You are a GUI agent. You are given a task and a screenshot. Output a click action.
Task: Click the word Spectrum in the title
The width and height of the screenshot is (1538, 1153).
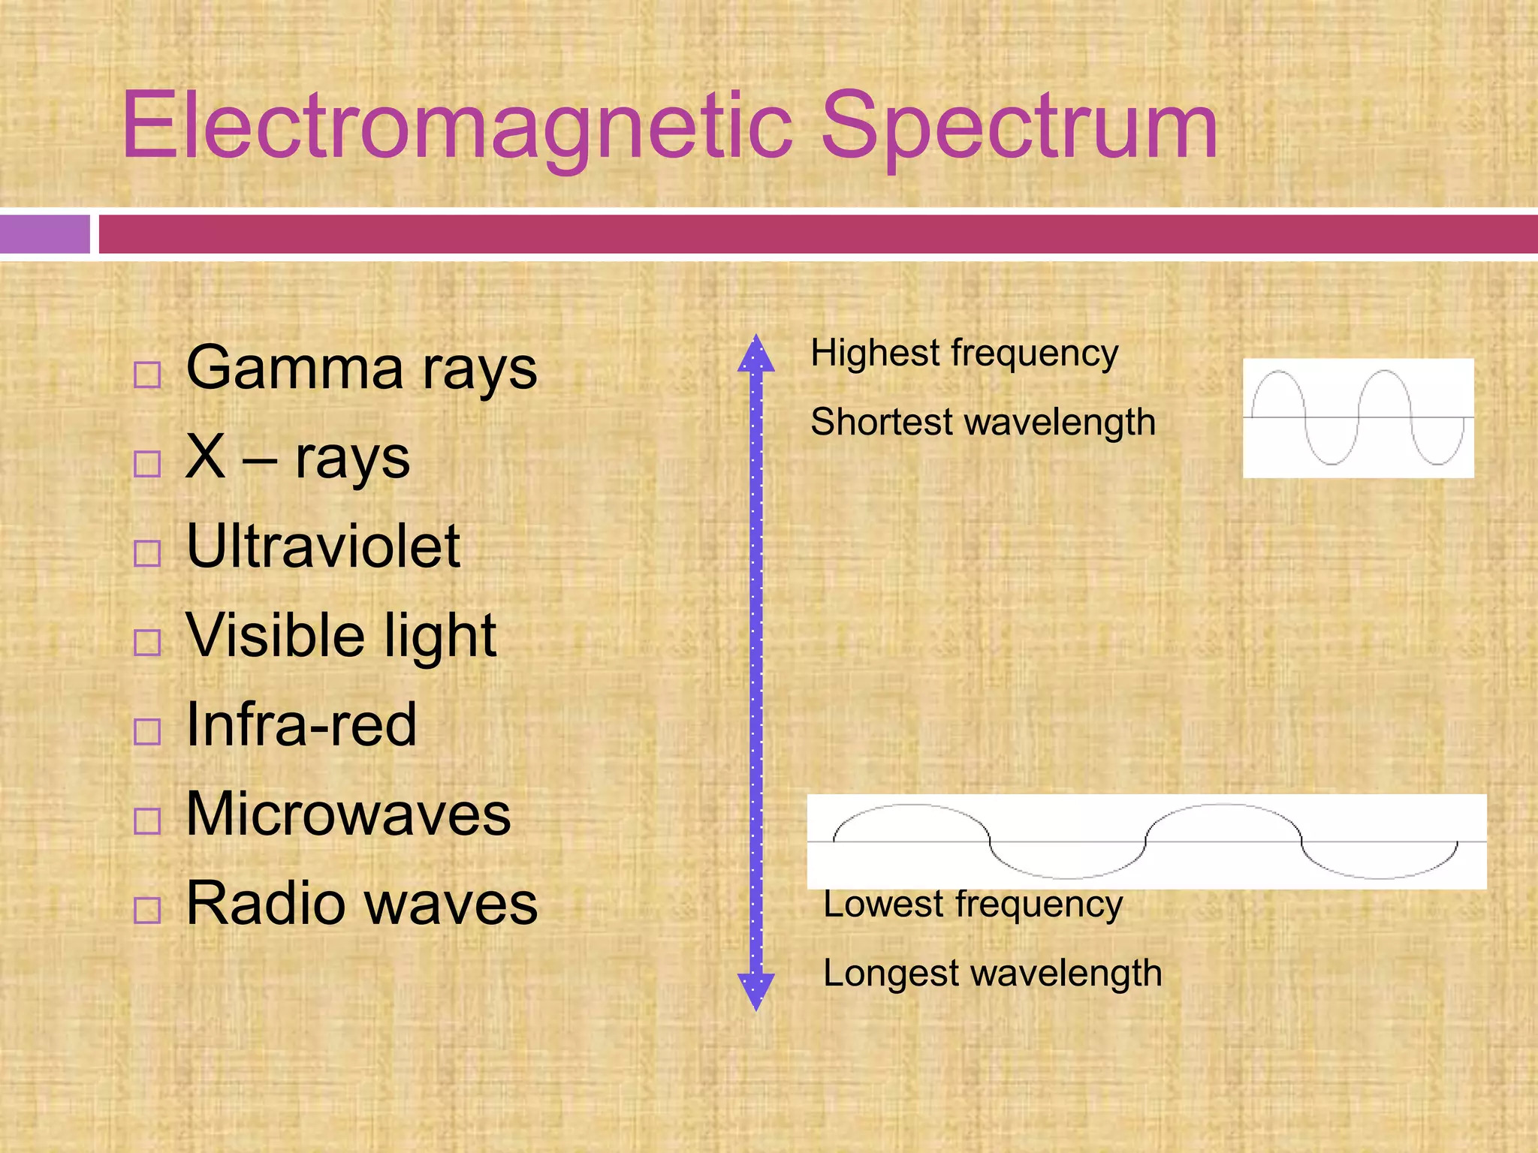click(x=1019, y=126)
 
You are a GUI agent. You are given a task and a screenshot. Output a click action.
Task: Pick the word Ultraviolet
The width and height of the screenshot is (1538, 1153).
click(x=323, y=546)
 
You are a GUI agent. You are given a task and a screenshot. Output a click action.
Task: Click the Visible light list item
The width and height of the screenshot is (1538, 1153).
click(x=341, y=636)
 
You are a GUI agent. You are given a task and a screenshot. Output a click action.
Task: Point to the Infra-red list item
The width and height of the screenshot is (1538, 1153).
click(x=301, y=725)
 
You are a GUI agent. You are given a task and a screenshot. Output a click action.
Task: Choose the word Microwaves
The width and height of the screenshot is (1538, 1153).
click(x=348, y=814)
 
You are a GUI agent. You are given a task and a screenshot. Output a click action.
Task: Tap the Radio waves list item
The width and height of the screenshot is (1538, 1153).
click(x=361, y=903)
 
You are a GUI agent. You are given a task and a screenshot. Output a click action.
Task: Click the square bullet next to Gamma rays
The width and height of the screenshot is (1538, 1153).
click(x=147, y=375)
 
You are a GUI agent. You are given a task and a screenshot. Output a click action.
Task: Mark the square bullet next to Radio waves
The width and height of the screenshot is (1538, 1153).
click(x=147, y=910)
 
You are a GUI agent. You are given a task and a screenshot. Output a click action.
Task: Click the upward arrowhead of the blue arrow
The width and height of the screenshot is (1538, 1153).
click(x=756, y=354)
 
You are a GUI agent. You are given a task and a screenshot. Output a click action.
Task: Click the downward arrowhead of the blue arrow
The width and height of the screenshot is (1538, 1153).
click(x=756, y=991)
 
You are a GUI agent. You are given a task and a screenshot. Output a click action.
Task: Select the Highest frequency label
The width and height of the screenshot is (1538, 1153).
click(x=964, y=353)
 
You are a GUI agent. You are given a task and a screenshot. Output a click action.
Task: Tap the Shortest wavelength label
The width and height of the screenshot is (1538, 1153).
click(x=982, y=422)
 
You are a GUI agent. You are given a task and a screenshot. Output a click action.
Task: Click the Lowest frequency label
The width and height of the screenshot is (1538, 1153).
click(x=973, y=905)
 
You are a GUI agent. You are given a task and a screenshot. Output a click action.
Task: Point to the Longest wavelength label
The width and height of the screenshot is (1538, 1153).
click(x=992, y=974)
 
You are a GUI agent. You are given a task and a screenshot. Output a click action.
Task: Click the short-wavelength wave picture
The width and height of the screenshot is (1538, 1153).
click(x=1358, y=418)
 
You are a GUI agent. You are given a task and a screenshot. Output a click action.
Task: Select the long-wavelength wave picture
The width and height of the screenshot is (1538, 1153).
click(x=1146, y=841)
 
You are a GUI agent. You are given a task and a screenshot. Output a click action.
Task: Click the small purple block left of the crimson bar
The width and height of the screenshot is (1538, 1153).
click(x=44, y=234)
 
